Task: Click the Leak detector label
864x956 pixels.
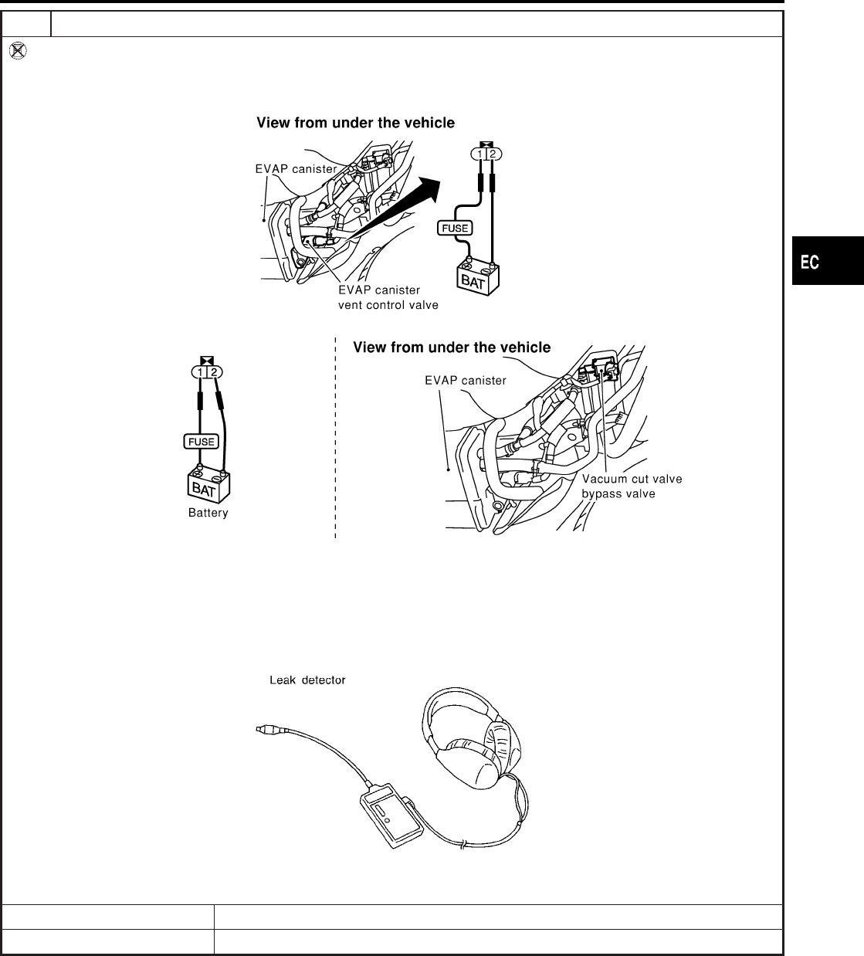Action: coord(307,680)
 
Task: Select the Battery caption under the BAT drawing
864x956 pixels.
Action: coord(208,513)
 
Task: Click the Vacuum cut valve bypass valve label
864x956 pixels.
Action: coord(632,486)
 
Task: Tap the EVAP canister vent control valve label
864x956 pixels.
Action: coord(388,297)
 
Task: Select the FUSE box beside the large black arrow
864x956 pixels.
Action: coord(455,228)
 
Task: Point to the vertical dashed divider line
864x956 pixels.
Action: coord(336,440)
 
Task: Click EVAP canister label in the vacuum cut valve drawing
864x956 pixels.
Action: coord(466,380)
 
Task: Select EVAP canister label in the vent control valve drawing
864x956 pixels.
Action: coord(296,169)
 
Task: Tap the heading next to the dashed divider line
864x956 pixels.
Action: coord(452,348)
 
